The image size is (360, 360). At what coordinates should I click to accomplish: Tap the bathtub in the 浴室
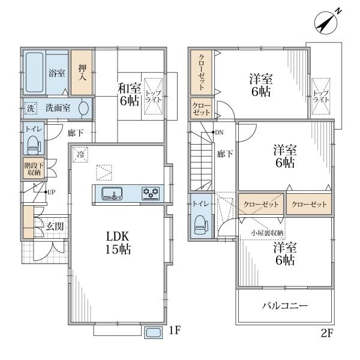pyautogui.click(x=34, y=73)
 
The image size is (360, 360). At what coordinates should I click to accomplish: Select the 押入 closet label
pyautogui.click(x=82, y=73)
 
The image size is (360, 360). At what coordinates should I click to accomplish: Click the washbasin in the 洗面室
pyautogui.click(x=84, y=108)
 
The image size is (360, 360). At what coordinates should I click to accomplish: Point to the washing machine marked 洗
pyautogui.click(x=31, y=108)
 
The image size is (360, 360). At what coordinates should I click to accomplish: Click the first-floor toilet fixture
pyautogui.click(x=34, y=145)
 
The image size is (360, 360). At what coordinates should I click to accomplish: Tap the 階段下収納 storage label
pyautogui.click(x=34, y=169)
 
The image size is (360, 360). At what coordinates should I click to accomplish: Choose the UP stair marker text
pyautogui.click(x=51, y=192)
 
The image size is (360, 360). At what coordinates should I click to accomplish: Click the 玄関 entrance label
pyautogui.click(x=55, y=227)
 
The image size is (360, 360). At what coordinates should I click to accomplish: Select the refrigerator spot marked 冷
pyautogui.click(x=80, y=155)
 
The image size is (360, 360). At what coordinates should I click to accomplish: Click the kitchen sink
pyautogui.click(x=112, y=193)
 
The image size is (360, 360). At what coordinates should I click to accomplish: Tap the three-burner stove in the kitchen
pyautogui.click(x=151, y=193)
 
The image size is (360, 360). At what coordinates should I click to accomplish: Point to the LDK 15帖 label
pyautogui.click(x=118, y=242)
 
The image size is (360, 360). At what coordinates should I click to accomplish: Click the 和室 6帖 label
pyautogui.click(x=129, y=94)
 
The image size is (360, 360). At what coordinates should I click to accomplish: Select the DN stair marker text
pyautogui.click(x=219, y=133)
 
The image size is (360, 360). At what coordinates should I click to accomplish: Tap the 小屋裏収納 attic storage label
pyautogui.click(x=267, y=233)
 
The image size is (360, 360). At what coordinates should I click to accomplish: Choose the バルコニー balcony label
pyautogui.click(x=284, y=305)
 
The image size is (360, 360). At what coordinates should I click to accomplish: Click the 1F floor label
pyautogui.click(x=175, y=331)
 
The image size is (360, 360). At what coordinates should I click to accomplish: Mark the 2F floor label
pyautogui.click(x=327, y=334)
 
